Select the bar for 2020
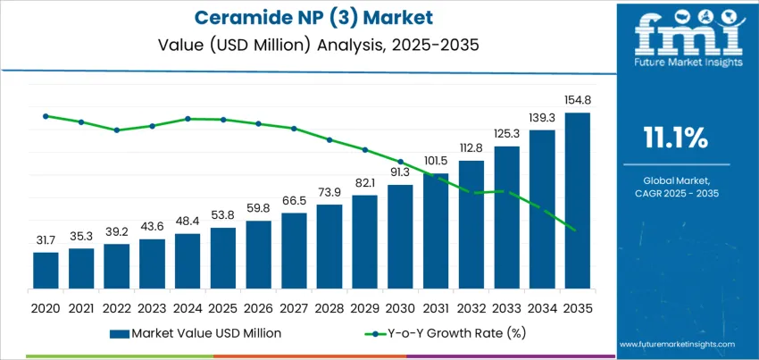pyautogui.click(x=46, y=272)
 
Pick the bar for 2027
pyautogui.click(x=294, y=252)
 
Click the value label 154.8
pyautogui.click(x=577, y=101)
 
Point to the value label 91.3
pyautogui.click(x=400, y=172)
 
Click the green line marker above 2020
pyautogui.click(x=46, y=116)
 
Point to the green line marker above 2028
pyautogui.click(x=329, y=139)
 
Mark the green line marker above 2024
pyautogui.click(x=188, y=118)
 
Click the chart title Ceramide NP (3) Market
pyautogui.click(x=305, y=18)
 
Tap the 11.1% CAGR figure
pyautogui.click(x=675, y=138)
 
